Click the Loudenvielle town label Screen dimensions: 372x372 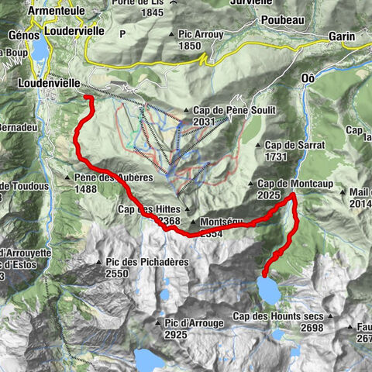pyautogui.click(x=47, y=80)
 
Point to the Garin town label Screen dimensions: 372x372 pyautogui.click(x=341, y=36)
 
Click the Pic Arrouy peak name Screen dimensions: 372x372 pyautogui.click(x=201, y=35)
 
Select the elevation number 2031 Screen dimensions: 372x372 pyautogui.click(x=204, y=122)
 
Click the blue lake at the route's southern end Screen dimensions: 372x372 pyautogui.click(x=270, y=290)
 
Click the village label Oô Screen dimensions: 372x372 pyautogui.click(x=308, y=79)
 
